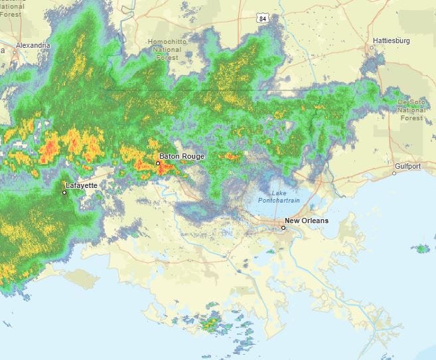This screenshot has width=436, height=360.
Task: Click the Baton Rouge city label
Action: point(182,156)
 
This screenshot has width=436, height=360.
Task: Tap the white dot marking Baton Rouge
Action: point(158,163)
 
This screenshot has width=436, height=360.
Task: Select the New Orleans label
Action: point(306,221)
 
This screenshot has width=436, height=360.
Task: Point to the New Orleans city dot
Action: point(283,228)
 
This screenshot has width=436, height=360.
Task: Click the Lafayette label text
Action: point(82,185)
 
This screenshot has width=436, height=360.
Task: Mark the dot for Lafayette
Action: point(64,193)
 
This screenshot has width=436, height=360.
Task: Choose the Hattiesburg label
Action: point(392,41)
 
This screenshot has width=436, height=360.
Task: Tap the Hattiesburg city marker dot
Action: point(372,47)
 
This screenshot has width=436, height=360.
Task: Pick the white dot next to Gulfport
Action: point(394,173)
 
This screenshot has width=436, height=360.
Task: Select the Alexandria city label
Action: point(33,45)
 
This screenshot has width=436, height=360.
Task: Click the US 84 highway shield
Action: point(263,19)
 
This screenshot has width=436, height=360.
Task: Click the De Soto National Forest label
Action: point(411,110)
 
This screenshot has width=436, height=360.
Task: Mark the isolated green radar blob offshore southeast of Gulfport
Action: point(421,249)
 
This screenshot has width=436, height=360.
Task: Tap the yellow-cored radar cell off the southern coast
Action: point(210,323)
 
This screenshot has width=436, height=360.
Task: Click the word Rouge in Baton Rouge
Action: point(194,156)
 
